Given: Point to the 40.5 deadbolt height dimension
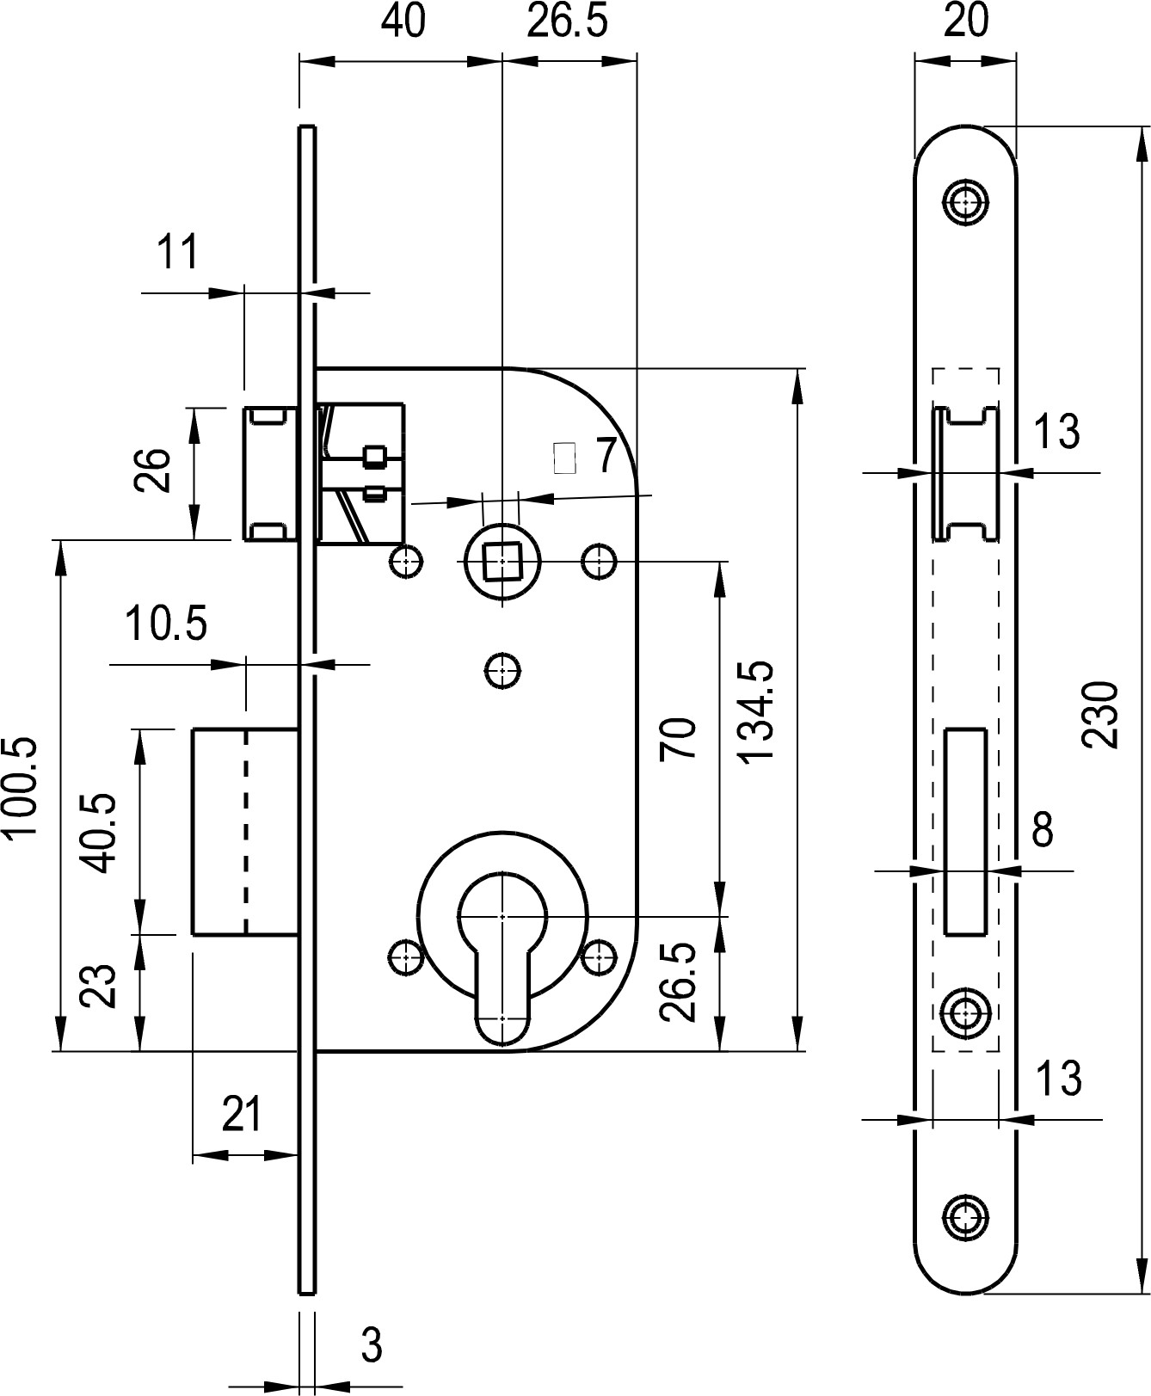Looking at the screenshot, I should [100, 832].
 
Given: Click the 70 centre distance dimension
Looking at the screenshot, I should [678, 738].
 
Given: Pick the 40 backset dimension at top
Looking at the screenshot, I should [403, 21].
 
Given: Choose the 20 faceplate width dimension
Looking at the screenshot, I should [966, 21].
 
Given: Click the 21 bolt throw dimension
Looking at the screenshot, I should [242, 1116].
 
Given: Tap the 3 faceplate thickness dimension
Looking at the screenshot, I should [371, 1344].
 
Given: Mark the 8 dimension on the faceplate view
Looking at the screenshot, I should [1042, 830].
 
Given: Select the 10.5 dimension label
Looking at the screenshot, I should [166, 624].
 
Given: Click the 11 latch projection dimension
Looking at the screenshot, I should [178, 252].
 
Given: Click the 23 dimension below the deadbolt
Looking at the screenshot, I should [98, 986].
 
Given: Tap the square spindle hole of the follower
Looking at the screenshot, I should [502, 563].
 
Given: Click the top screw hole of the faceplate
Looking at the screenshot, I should [966, 202].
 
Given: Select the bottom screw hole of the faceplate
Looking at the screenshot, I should [966, 1215].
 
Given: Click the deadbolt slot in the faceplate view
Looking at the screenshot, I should [965, 831].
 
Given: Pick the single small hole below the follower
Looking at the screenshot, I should [502, 670].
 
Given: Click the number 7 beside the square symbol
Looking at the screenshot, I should [606, 456].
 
